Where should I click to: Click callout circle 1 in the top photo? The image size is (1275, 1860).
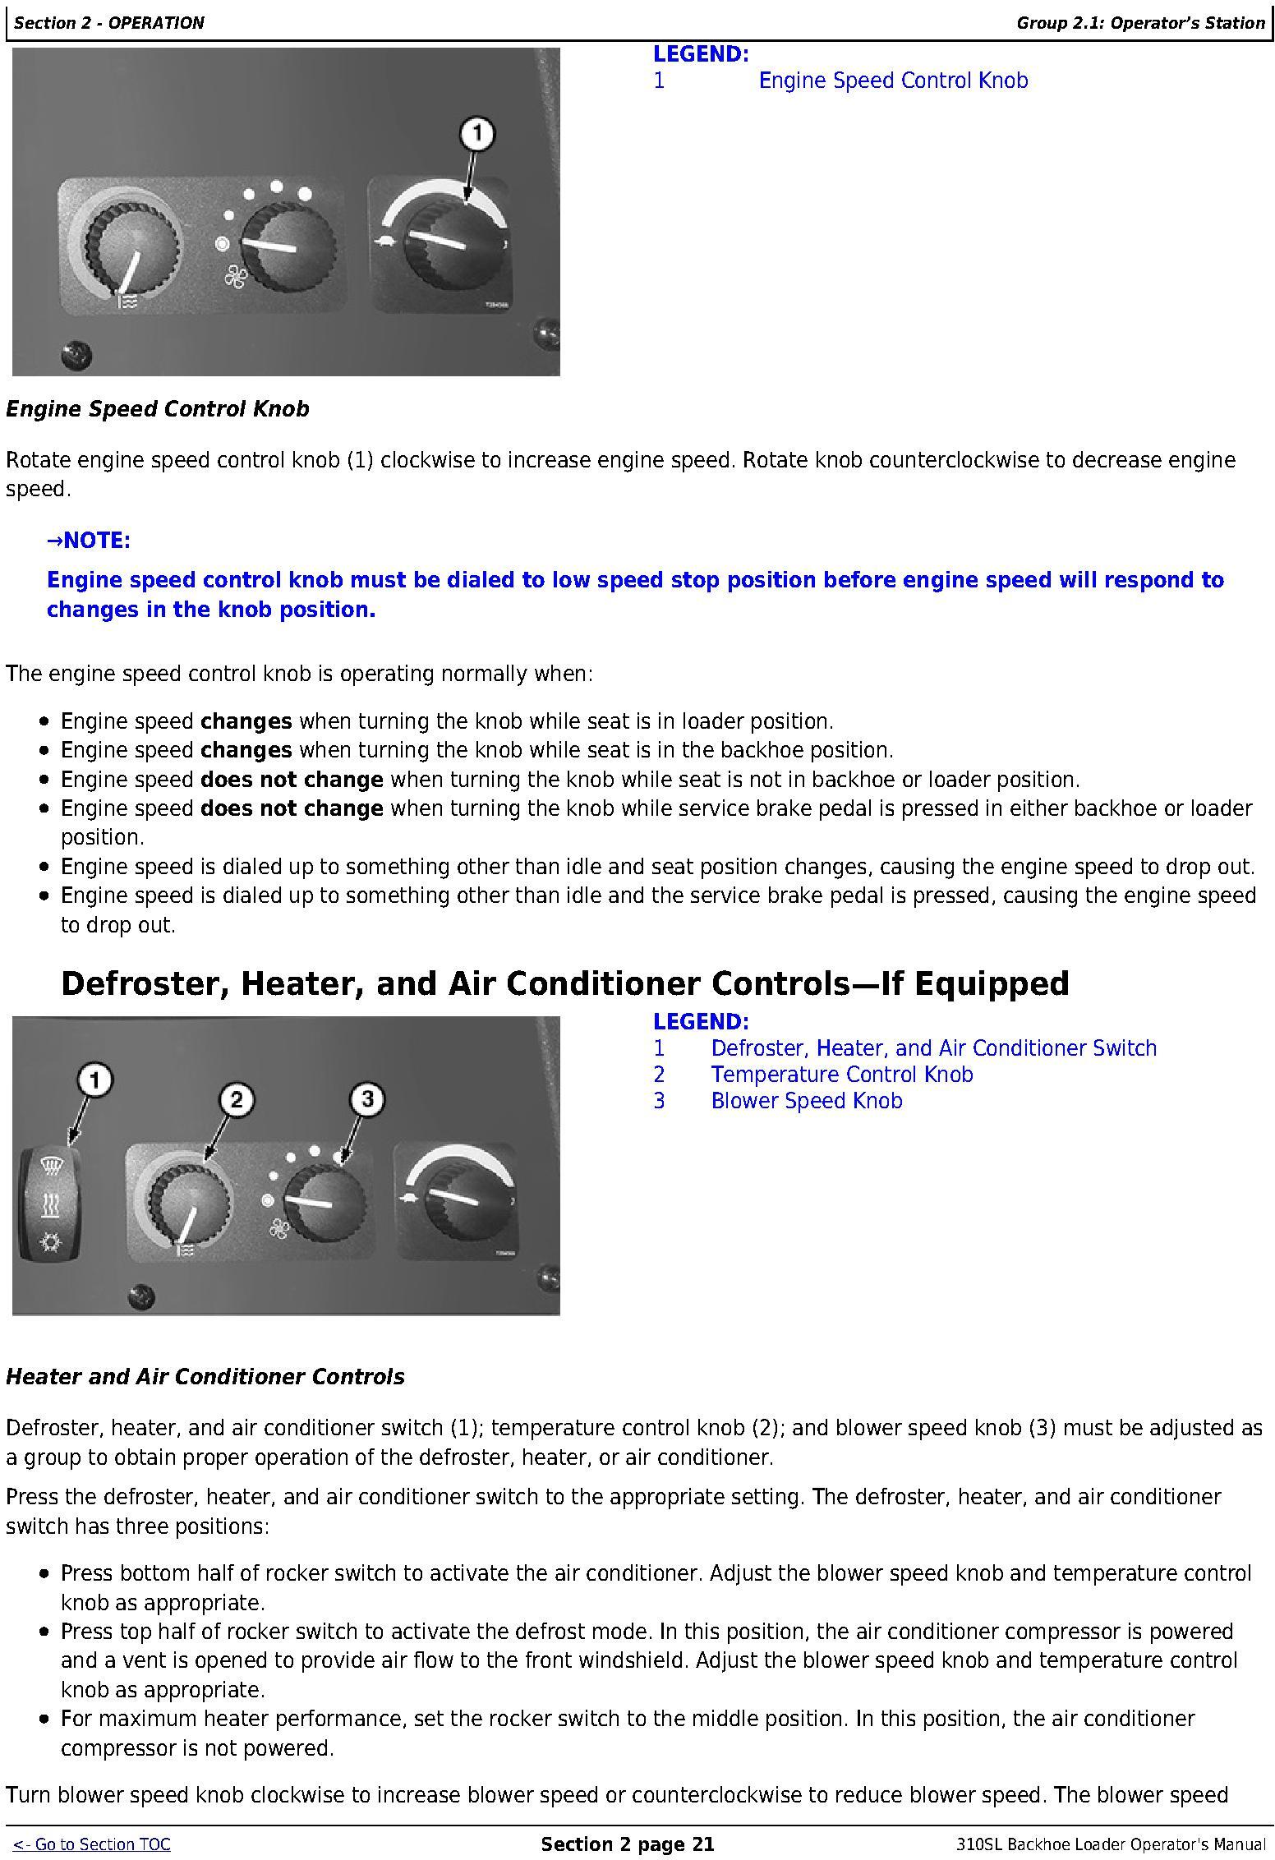477,134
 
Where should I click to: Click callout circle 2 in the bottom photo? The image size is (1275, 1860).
237,1099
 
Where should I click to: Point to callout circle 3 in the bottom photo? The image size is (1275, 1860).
367,1099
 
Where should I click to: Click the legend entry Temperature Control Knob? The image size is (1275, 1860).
841,1075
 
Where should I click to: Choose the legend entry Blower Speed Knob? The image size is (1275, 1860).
806,1101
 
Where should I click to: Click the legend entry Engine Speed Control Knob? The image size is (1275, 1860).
893,81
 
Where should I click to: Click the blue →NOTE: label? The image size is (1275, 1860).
89,541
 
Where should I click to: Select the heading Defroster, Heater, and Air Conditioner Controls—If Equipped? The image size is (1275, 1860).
565,983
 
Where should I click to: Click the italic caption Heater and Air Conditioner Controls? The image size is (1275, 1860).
205,1377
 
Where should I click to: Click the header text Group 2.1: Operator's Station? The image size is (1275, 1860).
1140,23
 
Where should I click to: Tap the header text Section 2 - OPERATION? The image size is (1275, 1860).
109,23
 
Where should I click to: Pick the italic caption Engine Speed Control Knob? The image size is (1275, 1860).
158,409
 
